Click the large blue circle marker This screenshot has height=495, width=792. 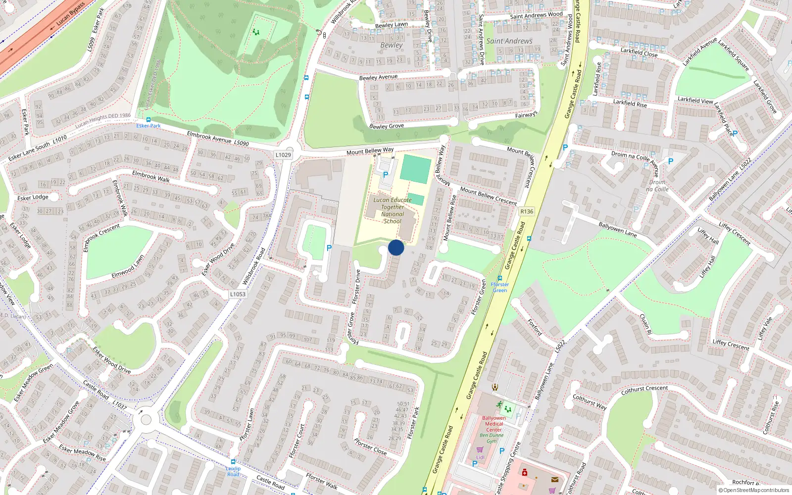coord(396,247)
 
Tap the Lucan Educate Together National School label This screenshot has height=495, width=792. coord(393,211)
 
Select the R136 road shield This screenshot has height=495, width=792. coord(527,211)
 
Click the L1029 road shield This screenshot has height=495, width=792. coord(283,155)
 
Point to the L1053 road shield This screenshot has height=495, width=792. coord(238,294)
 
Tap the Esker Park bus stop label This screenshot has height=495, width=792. coord(148,126)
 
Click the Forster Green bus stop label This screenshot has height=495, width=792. coord(499,287)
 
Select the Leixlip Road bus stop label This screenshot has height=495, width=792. coord(233,471)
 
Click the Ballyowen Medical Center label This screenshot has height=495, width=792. coord(494,424)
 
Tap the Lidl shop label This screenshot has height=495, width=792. coord(480,457)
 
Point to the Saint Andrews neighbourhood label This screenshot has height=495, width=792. coord(509,41)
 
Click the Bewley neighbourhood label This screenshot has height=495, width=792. coord(392,45)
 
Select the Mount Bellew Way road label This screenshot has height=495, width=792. coord(370,150)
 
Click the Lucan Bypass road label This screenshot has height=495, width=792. coord(70,14)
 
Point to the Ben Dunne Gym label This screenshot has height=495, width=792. coord(492,438)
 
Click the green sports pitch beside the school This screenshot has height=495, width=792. coord(415,169)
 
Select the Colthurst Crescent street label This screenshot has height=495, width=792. coord(644,390)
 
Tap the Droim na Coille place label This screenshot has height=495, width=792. coord(658,186)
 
